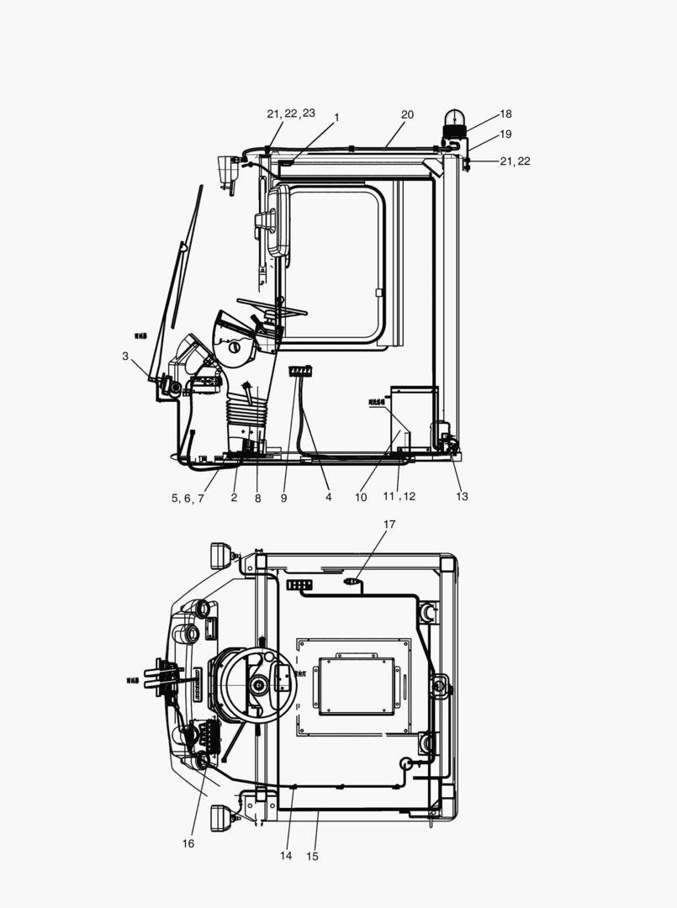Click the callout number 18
[505, 114]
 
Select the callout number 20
[407, 114]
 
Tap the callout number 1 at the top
[336, 118]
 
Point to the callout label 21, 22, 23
[291, 113]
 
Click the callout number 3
[125, 356]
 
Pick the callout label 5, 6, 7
[188, 498]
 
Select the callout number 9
[284, 498]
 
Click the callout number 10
[361, 498]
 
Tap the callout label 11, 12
[399, 497]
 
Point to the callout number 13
[462, 497]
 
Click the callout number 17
[389, 525]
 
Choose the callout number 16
[188, 843]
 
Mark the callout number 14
[286, 856]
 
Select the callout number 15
[313, 857]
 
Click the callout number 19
[505, 135]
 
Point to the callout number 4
[328, 498]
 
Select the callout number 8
[257, 498]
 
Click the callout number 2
[234, 498]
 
